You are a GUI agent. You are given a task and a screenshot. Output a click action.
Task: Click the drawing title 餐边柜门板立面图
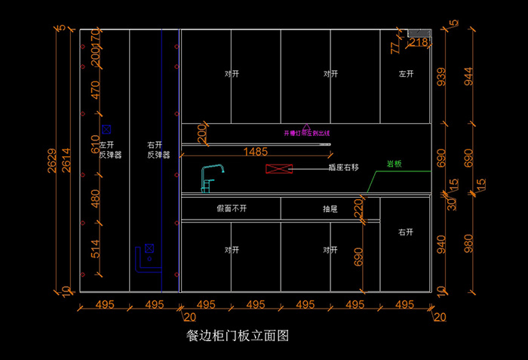click(238, 335)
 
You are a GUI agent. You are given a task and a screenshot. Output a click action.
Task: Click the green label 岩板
click(394, 164)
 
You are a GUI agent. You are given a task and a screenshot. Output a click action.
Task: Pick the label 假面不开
click(232, 208)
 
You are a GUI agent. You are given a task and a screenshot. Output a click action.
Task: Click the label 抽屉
click(330, 208)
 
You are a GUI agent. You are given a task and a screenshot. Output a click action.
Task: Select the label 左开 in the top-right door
click(407, 74)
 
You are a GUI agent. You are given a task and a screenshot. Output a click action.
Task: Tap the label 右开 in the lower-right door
click(406, 232)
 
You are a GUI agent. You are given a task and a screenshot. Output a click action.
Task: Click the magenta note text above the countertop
click(307, 133)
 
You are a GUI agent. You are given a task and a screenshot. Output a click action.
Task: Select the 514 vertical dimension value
click(96, 249)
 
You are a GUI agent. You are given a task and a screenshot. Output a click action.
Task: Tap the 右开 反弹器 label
click(158, 149)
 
